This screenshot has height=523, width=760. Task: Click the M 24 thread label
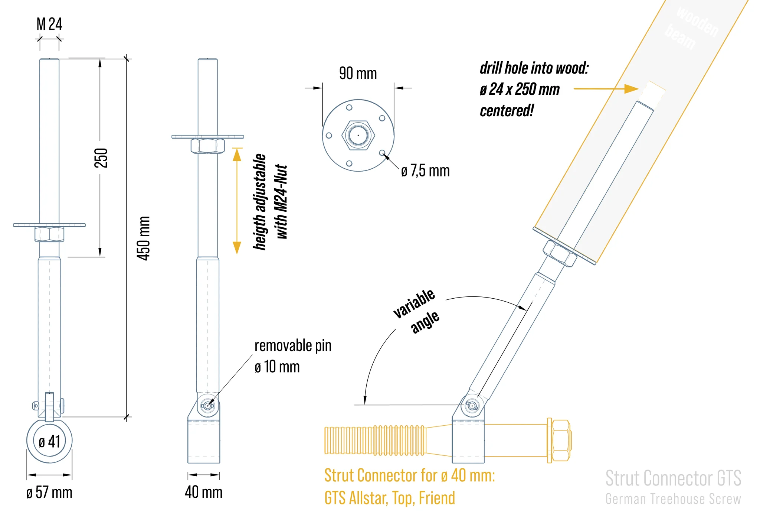coord(49,24)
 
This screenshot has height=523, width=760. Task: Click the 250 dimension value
coord(101,158)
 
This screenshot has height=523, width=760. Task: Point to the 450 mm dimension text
coord(143,238)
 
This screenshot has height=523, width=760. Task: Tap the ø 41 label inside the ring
coord(49,442)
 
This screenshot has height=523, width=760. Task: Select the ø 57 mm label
coord(49,493)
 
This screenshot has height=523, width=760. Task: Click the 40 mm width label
coord(204,492)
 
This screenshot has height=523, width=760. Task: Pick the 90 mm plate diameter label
coord(358,73)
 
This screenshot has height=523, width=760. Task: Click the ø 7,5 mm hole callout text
coord(425,171)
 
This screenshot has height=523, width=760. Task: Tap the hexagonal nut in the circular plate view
coord(358,135)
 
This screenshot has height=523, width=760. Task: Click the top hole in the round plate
coord(349,107)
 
